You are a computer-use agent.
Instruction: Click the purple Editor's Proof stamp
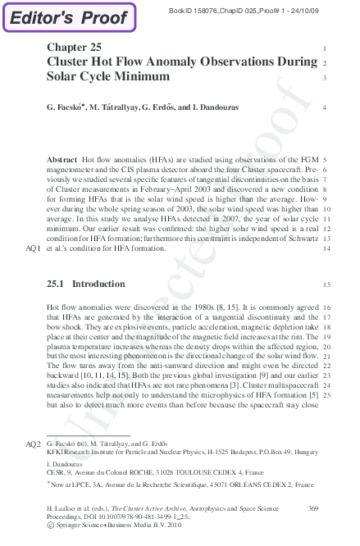[69, 17]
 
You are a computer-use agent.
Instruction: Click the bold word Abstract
[62, 159]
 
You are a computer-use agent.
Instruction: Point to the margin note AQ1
[33, 247]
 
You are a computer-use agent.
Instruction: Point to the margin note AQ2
[33, 444]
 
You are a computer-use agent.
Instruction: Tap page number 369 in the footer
[311, 509]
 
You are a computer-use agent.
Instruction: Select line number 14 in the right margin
[326, 247]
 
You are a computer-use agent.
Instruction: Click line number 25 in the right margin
[326, 394]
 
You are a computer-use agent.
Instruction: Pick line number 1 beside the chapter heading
[326, 48]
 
